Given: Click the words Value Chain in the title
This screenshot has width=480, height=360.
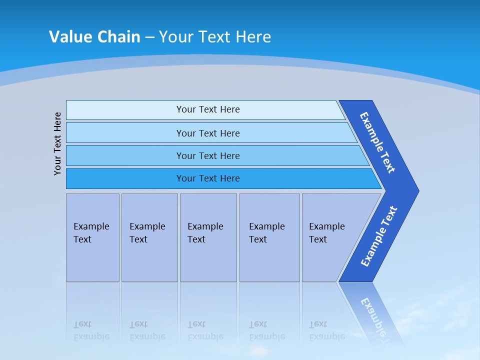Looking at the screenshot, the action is tap(94, 37).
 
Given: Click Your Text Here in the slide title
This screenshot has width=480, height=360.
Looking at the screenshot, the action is tap(215, 37).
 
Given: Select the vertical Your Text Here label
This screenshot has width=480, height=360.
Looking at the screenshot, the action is tap(57, 143).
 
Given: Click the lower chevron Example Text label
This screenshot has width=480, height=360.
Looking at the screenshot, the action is tap(378, 236).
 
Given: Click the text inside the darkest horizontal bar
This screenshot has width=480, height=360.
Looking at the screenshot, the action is tap(208, 178).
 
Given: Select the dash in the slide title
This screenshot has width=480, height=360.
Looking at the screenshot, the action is tap(149, 37).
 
